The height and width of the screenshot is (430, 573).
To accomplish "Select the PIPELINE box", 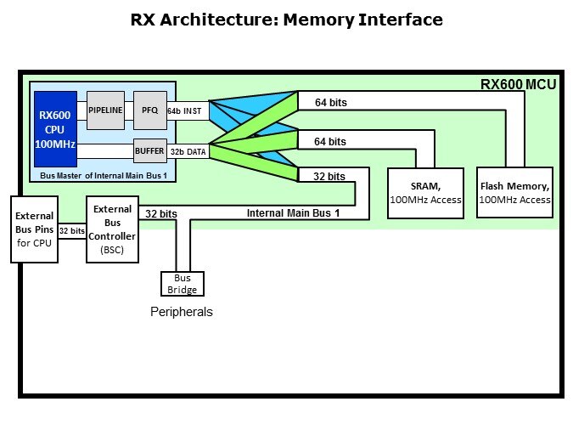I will pos(106,110).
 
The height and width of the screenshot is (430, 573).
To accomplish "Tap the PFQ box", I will pos(150,110).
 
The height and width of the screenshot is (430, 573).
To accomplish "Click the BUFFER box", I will pos(149,151).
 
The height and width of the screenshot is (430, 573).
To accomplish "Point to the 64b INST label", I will pos(185,110).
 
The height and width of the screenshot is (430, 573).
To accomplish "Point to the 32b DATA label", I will pos(187,151).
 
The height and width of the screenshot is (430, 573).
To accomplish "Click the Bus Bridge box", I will pos(181,284).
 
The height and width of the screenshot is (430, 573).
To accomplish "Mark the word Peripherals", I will pos(182,312).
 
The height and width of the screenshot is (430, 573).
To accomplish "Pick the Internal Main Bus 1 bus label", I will pos(293,213).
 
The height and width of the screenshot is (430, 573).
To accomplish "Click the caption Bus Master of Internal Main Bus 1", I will pos(103,174).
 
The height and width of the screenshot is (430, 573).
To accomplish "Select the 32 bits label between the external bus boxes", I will pos(71,230).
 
